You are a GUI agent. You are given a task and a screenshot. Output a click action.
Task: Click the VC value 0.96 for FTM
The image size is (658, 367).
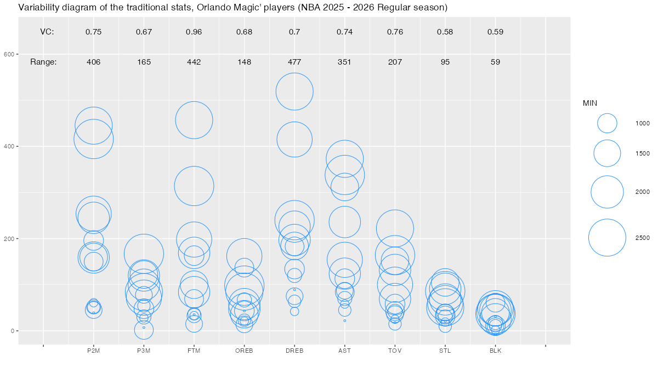pos(194,32)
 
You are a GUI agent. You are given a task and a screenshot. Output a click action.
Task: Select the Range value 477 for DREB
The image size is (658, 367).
pos(294,62)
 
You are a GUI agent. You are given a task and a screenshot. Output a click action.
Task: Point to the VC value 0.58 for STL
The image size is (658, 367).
pos(445,32)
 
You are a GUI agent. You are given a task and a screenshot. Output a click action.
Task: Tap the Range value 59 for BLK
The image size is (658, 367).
pos(495,62)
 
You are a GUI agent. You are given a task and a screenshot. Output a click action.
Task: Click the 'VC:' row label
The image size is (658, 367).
pos(47,32)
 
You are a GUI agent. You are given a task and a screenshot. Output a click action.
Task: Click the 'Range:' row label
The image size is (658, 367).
pos(43,62)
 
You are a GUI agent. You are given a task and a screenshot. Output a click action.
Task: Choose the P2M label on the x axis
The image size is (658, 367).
pos(94,351)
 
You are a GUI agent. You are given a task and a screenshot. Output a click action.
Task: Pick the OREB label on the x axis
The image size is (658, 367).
pos(244,351)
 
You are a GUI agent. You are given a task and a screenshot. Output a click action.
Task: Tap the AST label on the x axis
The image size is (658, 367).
pos(344,351)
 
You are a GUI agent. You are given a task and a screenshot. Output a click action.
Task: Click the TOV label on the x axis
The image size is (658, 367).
pos(395,351)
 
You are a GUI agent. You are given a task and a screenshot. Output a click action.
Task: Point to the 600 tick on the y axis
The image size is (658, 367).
pos(8,54)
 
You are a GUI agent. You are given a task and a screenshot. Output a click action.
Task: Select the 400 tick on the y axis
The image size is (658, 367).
pos(8,147)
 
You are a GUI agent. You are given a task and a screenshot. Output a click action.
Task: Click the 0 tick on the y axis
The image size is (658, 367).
pos(12,331)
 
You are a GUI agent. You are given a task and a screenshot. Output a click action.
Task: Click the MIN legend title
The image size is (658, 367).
pos(589,103)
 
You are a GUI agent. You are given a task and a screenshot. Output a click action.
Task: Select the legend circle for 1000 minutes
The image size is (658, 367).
pos(607,123)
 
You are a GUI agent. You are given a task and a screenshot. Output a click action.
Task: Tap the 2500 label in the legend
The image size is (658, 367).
pos(643,238)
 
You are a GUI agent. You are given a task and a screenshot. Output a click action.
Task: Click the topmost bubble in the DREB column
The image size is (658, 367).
pos(294,91)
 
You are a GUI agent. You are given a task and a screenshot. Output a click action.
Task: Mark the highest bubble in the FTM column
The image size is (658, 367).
pos(194,120)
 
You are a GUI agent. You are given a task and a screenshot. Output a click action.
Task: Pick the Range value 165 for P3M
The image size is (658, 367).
pos(144,62)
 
